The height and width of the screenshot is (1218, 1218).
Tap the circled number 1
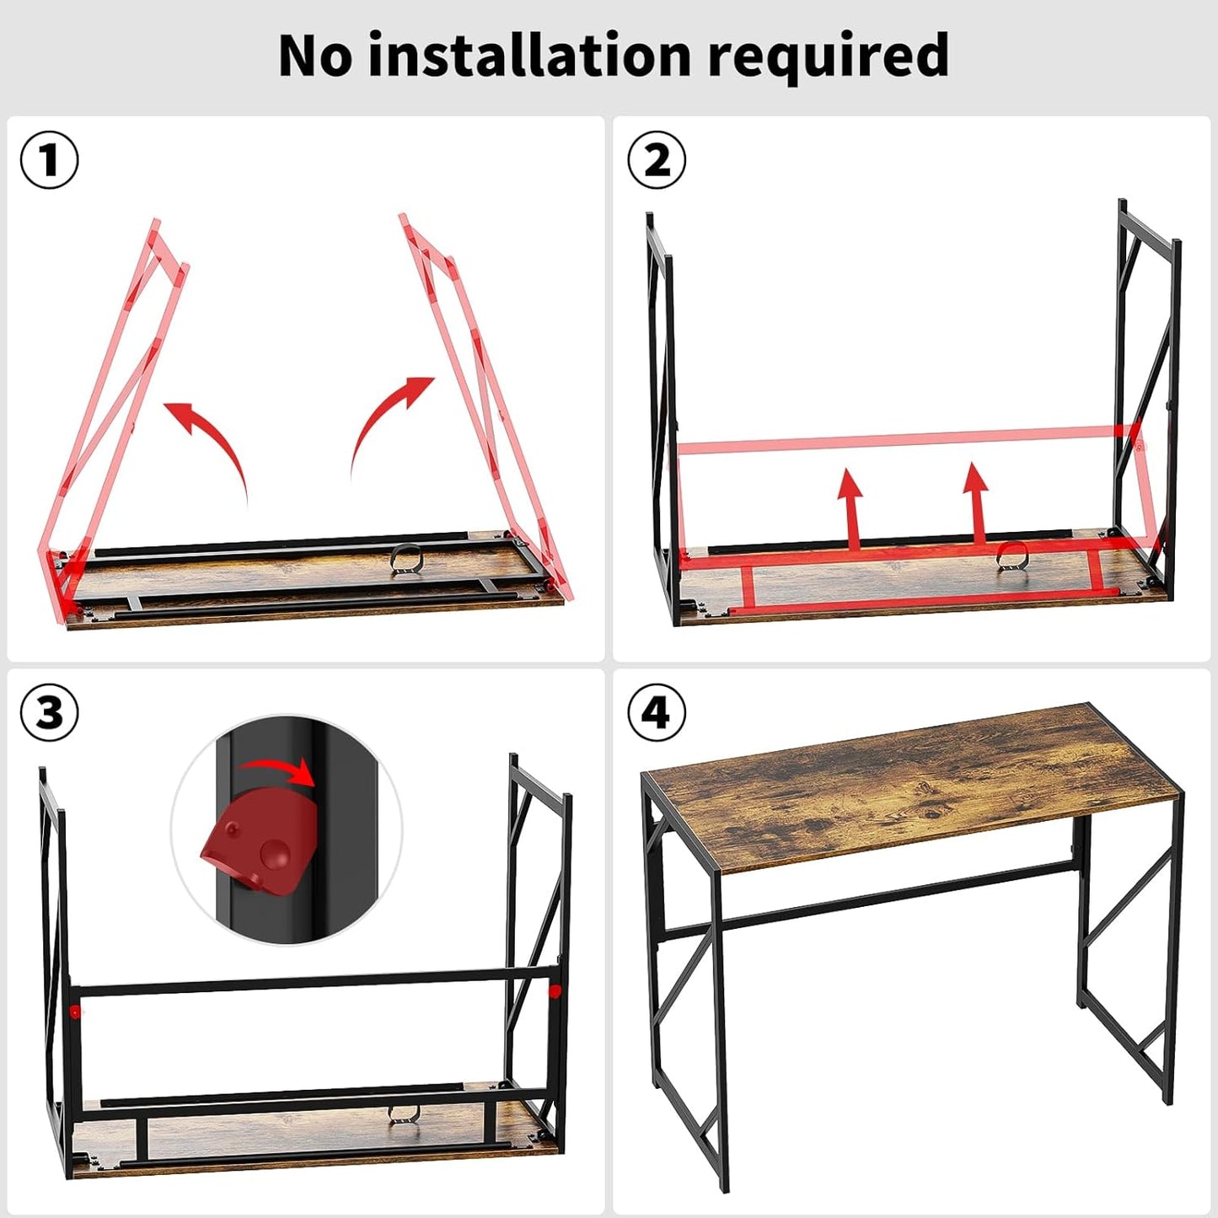50,159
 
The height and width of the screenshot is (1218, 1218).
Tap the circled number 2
657,159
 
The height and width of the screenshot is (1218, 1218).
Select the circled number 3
50,713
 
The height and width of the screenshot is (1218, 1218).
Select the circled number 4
657,713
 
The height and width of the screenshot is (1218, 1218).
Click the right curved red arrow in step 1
386,421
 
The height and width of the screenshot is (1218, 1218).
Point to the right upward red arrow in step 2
976,502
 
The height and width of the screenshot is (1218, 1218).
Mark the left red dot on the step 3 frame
75,1011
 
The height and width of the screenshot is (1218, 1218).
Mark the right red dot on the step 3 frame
555,991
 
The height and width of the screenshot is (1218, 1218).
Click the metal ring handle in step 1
406,560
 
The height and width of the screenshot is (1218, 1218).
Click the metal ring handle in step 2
1011,555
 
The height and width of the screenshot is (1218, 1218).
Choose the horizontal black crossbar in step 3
312,982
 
